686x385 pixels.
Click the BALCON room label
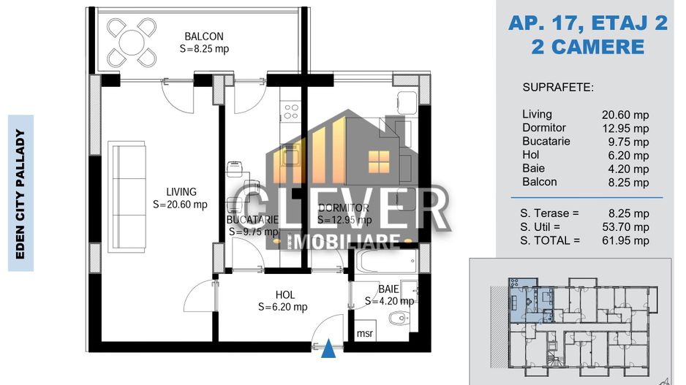click(x=203, y=37)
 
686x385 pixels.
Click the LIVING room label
click(x=180, y=192)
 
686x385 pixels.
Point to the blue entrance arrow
click(x=330, y=351)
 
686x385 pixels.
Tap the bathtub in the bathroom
click(x=386, y=259)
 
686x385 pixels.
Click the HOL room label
click(x=284, y=295)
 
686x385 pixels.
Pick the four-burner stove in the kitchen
click(x=290, y=112)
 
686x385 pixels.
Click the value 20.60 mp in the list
click(x=625, y=115)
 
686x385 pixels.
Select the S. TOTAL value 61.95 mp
click(x=625, y=240)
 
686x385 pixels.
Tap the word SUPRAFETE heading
click(x=558, y=88)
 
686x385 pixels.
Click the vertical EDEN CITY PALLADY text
click(x=21, y=194)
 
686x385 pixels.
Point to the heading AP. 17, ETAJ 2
click(x=588, y=23)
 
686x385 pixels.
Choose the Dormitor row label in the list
click(x=544, y=128)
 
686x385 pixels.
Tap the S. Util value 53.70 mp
click(x=625, y=227)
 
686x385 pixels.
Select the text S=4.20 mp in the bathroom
click(x=390, y=300)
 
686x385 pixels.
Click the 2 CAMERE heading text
click(x=588, y=47)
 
